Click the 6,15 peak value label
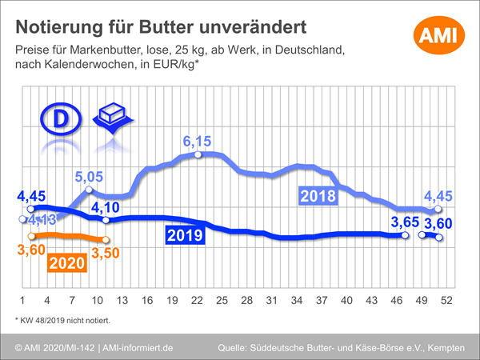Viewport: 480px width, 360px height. pyautogui.click(x=198, y=142)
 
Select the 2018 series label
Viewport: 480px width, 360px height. pyautogui.click(x=318, y=195)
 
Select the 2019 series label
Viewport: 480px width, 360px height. pyautogui.click(x=185, y=235)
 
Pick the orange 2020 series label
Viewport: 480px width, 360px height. pyautogui.click(x=68, y=262)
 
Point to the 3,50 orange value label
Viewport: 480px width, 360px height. pyautogui.click(x=106, y=254)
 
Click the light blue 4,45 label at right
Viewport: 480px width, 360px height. pyautogui.click(x=440, y=195)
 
